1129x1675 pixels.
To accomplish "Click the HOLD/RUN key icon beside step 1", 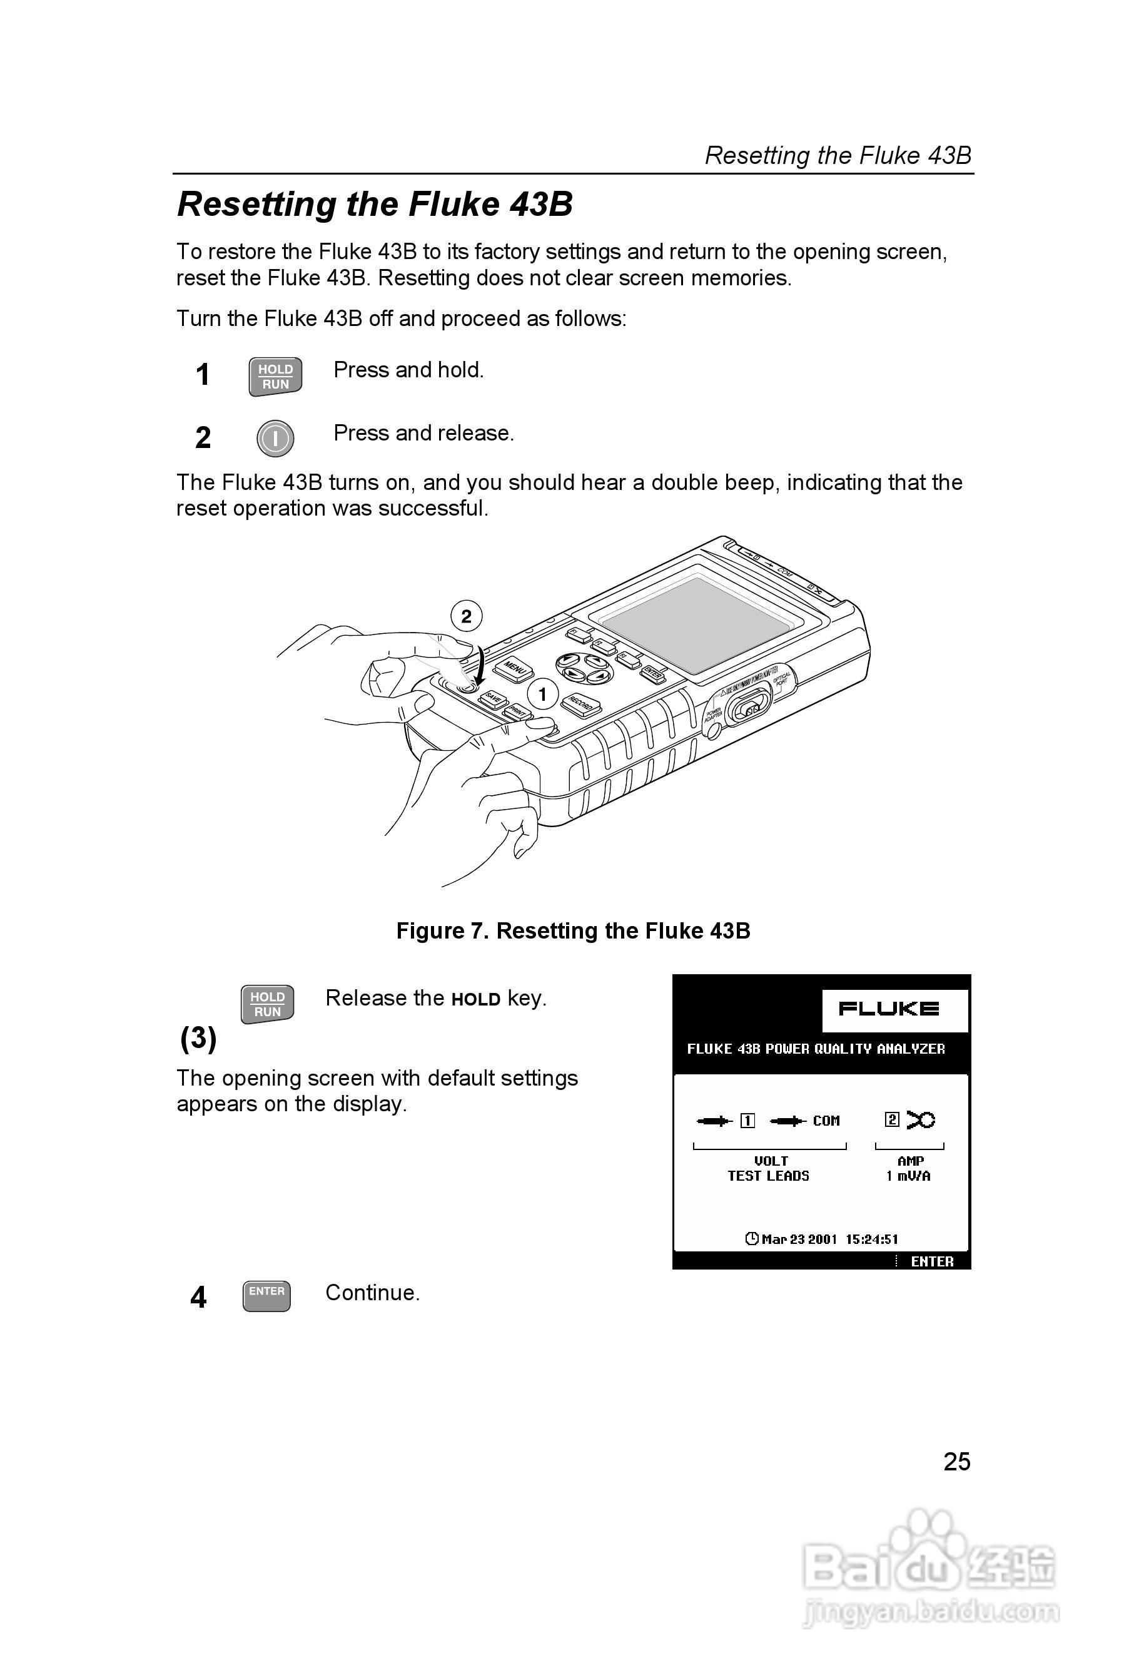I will (x=275, y=377).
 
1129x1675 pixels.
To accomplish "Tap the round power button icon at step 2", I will (x=275, y=438).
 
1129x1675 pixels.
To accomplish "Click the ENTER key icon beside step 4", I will (x=266, y=1295).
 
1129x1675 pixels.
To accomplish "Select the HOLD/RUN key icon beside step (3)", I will (x=267, y=1004).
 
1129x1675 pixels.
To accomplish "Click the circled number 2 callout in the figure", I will (x=466, y=616).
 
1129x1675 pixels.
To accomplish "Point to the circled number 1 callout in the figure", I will (x=542, y=694).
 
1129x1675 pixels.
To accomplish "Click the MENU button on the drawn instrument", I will (x=515, y=669).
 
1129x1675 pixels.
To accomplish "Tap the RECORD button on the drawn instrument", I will (x=580, y=703).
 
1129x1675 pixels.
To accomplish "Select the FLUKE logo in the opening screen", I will (x=889, y=1009).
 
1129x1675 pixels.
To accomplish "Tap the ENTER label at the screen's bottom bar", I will (x=932, y=1261).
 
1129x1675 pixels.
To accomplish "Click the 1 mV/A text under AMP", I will (x=908, y=1176).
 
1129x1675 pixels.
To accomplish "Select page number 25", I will (x=957, y=1462).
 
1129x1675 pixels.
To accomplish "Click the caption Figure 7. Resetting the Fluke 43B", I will (x=573, y=930).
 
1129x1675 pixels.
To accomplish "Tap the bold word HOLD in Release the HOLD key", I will (x=476, y=999).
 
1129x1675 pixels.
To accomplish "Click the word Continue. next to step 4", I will (x=372, y=1293).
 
